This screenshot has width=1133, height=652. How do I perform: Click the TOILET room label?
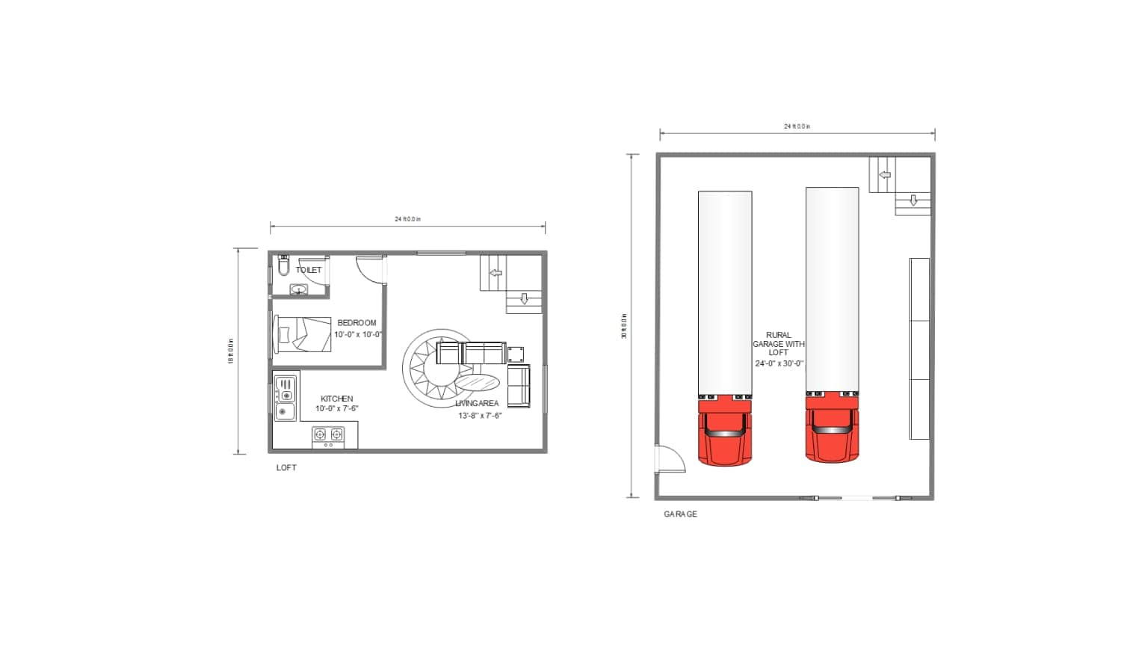pyautogui.click(x=309, y=270)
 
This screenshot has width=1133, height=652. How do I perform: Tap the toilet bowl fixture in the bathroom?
pyautogui.click(x=283, y=265)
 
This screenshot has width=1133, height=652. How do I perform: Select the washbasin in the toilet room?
pyautogui.click(x=299, y=290)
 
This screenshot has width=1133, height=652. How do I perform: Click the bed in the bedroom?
pyautogui.click(x=303, y=334)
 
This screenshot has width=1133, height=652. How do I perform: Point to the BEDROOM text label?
pyautogui.click(x=356, y=323)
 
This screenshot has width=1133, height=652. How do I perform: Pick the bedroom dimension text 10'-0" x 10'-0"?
pyautogui.click(x=358, y=334)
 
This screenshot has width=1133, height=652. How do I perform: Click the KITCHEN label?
pyautogui.click(x=337, y=399)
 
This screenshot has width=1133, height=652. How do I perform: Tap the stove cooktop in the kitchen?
pyautogui.click(x=329, y=434)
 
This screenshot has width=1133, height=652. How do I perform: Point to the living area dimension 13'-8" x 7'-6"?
pyautogui.click(x=480, y=415)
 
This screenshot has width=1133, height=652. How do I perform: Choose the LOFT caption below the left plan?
pyautogui.click(x=286, y=467)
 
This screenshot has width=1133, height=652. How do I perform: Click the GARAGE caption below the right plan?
pyautogui.click(x=680, y=514)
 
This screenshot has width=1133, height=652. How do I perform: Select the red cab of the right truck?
pyautogui.click(x=832, y=431)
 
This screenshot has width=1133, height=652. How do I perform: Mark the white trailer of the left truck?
pyautogui.click(x=725, y=292)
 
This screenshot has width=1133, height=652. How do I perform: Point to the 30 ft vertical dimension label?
pyautogui.click(x=624, y=326)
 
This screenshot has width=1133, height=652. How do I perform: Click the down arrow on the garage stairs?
pyautogui.click(x=913, y=200)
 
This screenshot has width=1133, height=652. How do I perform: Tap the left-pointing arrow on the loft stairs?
pyautogui.click(x=496, y=274)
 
